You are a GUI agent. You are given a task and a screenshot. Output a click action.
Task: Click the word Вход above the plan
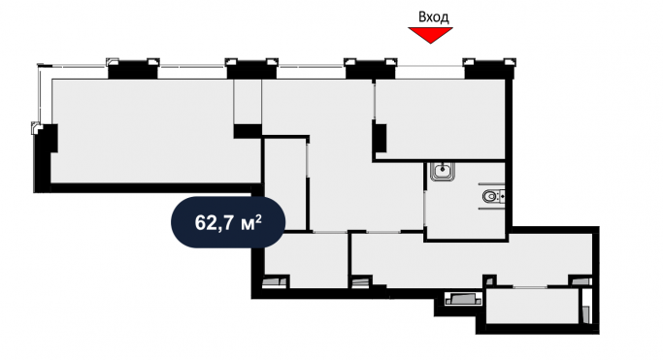coord(433,16)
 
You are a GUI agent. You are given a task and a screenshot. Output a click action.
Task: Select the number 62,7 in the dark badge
coord(215,221)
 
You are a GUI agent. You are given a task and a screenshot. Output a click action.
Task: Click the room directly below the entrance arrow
coord(442,116)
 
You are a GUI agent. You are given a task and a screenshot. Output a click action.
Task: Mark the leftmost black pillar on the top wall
coord(132,69)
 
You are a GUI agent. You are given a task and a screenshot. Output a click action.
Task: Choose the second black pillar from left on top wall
coord(250,69)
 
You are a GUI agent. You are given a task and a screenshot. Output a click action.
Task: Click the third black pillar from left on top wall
coord(370,69)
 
